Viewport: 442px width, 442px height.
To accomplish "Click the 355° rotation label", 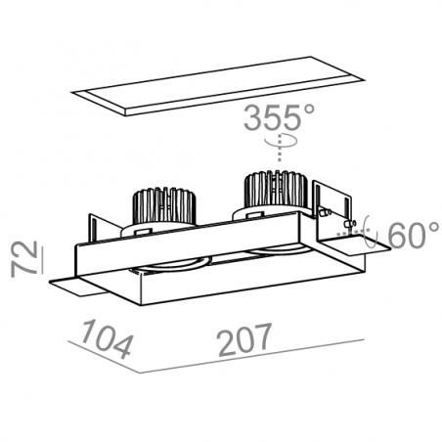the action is click(x=279, y=117).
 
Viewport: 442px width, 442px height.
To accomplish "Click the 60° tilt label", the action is click(x=413, y=235).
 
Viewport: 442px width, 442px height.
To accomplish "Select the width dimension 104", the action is click(x=107, y=339).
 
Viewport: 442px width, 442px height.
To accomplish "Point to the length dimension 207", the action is click(x=244, y=339).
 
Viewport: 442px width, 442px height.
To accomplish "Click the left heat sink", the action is click(x=161, y=207).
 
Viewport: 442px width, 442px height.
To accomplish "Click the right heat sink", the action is click(x=276, y=192).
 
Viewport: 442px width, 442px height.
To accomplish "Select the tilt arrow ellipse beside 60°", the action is click(x=371, y=232).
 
